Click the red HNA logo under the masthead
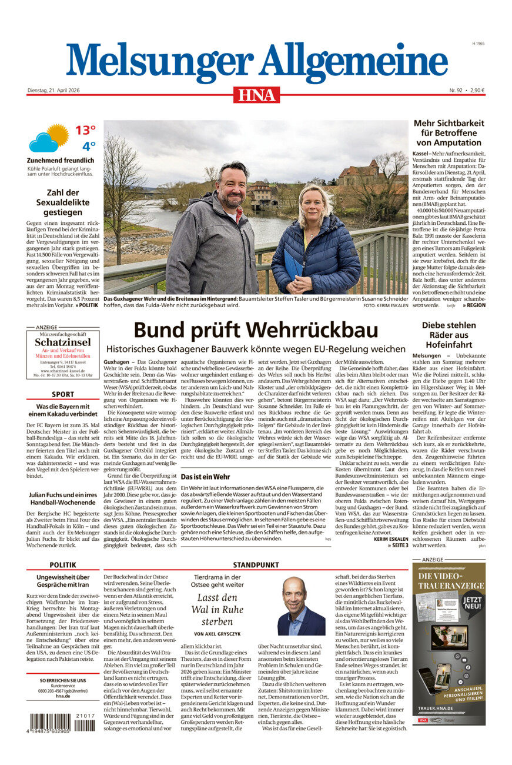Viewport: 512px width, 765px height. point(256,95)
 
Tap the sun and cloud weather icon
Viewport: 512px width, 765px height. point(48,138)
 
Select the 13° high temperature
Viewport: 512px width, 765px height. point(85,130)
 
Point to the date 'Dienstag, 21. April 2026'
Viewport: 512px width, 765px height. point(53,90)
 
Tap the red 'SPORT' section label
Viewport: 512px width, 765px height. point(62,394)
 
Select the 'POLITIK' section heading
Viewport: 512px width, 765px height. point(62,564)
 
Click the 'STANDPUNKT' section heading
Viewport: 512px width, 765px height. point(255,564)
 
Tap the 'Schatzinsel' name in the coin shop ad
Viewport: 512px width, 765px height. point(62,342)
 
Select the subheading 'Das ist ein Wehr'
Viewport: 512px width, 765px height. point(205,477)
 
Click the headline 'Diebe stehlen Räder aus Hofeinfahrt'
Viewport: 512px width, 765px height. point(449,335)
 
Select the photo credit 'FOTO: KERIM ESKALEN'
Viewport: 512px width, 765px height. point(386,305)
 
